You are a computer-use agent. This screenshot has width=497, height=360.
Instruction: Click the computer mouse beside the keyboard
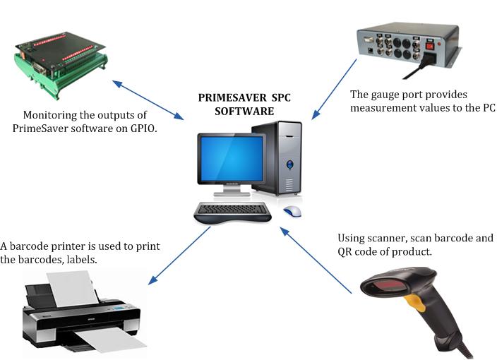pos(292,210)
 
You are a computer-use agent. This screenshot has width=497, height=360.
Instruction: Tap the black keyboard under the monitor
pos(233,210)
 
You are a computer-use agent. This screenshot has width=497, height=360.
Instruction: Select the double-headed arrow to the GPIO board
pos(148,99)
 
